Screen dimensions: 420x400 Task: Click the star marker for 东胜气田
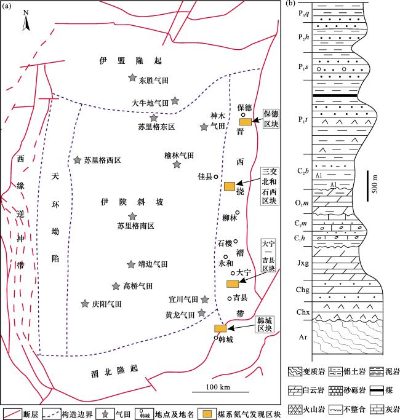(132, 77)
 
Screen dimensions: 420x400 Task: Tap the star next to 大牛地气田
(175, 100)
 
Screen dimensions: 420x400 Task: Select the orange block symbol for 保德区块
(245, 122)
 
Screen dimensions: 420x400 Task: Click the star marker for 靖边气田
(130, 264)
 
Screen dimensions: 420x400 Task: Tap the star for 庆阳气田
(85, 303)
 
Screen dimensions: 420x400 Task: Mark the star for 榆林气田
(177, 165)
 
